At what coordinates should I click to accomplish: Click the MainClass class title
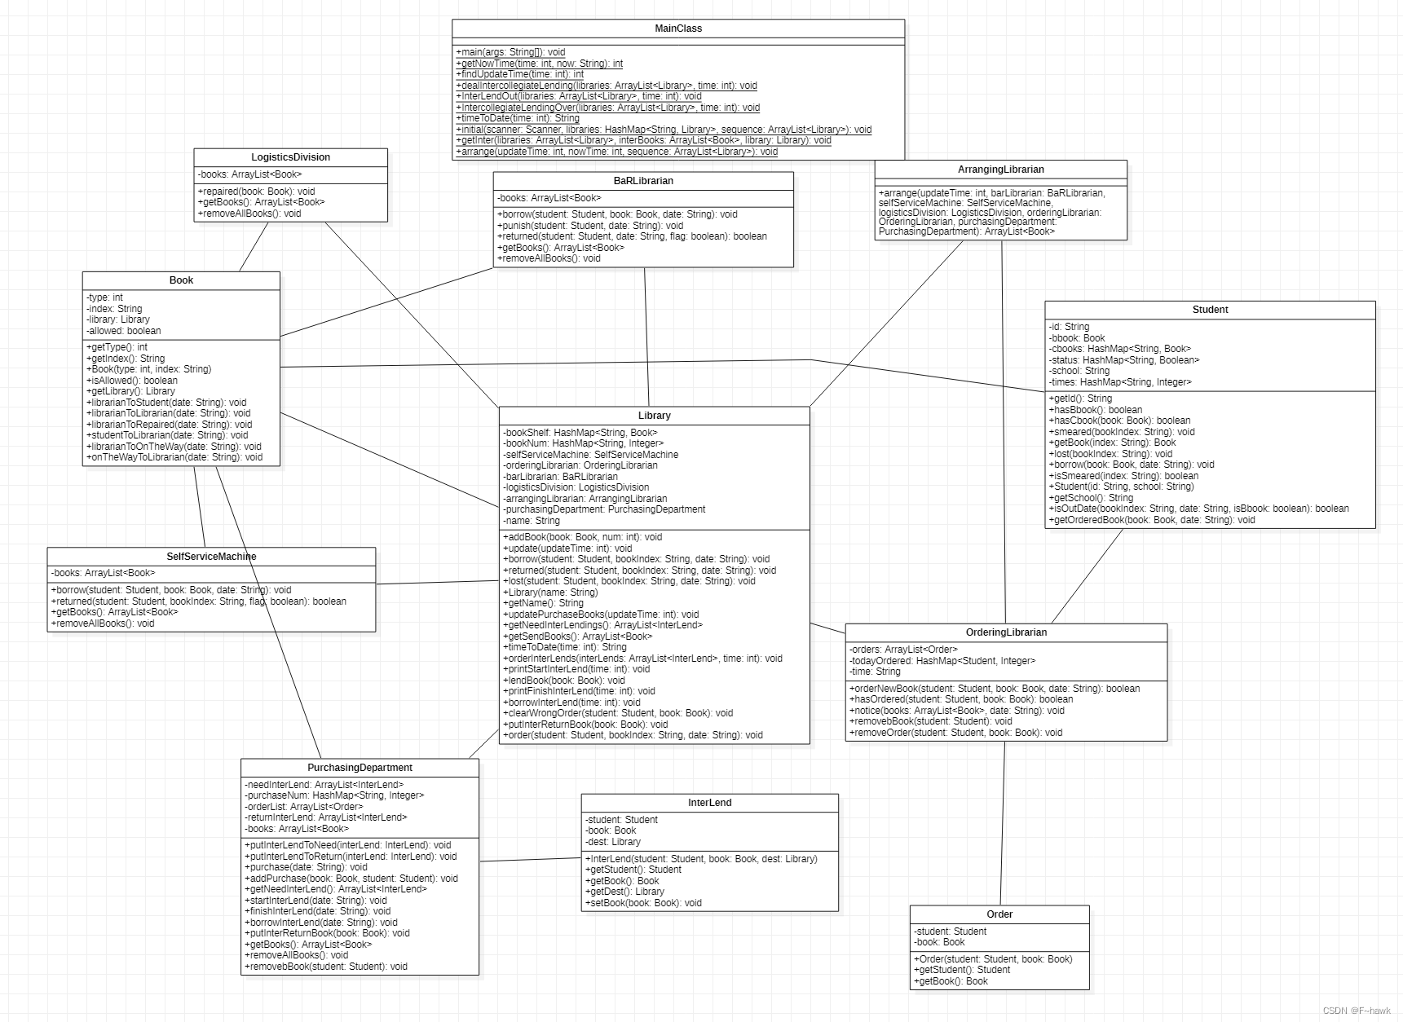pos(677,29)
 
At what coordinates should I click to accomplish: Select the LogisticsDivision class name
pos(290,157)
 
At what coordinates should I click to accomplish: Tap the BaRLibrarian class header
pos(643,181)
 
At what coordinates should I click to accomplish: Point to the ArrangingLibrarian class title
pos(1000,170)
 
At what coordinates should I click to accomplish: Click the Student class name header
pos(1210,310)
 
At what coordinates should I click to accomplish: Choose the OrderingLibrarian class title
pos(1006,632)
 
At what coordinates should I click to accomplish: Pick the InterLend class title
pos(709,803)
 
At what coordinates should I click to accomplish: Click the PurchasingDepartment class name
pos(360,768)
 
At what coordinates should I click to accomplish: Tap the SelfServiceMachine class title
pos(211,557)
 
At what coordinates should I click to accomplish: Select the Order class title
pos(999,914)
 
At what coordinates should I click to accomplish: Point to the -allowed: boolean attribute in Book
pos(124,331)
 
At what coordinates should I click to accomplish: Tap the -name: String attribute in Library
pos(532,521)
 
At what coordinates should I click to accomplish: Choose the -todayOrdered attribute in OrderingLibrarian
pos(942,661)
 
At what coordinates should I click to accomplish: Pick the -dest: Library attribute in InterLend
pos(613,842)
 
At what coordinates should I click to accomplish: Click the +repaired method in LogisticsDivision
pos(256,192)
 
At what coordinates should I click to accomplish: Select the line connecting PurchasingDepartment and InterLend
pos(530,859)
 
